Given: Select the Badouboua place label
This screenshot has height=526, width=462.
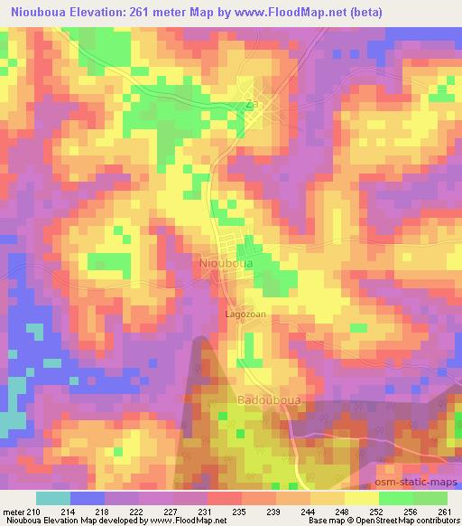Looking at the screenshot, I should (x=243, y=399).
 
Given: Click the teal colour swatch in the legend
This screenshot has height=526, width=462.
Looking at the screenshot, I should (x=53, y=498).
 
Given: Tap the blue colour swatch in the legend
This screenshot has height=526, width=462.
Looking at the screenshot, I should (x=87, y=498).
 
